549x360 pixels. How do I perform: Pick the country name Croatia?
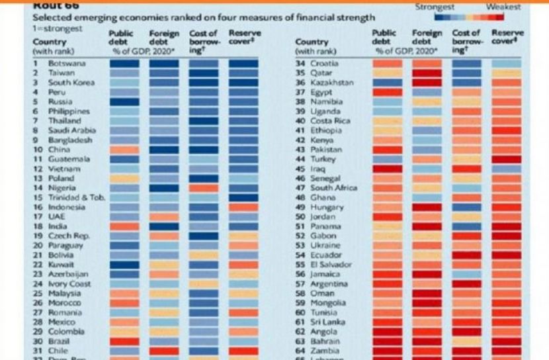tap(325, 64)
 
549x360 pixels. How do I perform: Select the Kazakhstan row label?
tap(331, 83)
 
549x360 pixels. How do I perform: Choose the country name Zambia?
tap(325, 351)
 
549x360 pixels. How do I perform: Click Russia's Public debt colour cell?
tap(124, 102)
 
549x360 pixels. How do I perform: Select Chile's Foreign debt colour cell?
tap(163, 351)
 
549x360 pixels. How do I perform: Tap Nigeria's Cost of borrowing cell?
tap(203, 188)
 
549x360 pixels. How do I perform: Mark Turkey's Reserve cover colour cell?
tap(507, 159)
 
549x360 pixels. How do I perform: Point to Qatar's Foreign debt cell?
tap(427, 73)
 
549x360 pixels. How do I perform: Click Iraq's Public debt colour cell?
tap(388, 169)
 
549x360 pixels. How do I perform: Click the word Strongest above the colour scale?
tap(435, 7)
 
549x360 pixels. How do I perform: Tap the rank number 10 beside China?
tap(37, 150)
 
